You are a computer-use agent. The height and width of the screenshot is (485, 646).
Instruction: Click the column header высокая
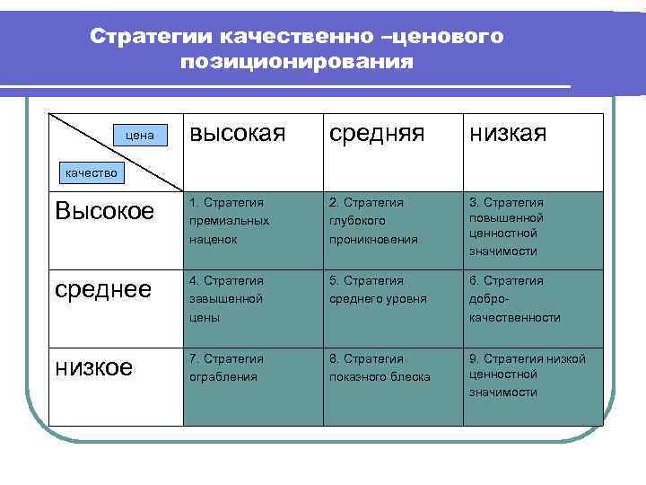(238, 135)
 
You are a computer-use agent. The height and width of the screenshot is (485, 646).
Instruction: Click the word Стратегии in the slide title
(149, 37)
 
